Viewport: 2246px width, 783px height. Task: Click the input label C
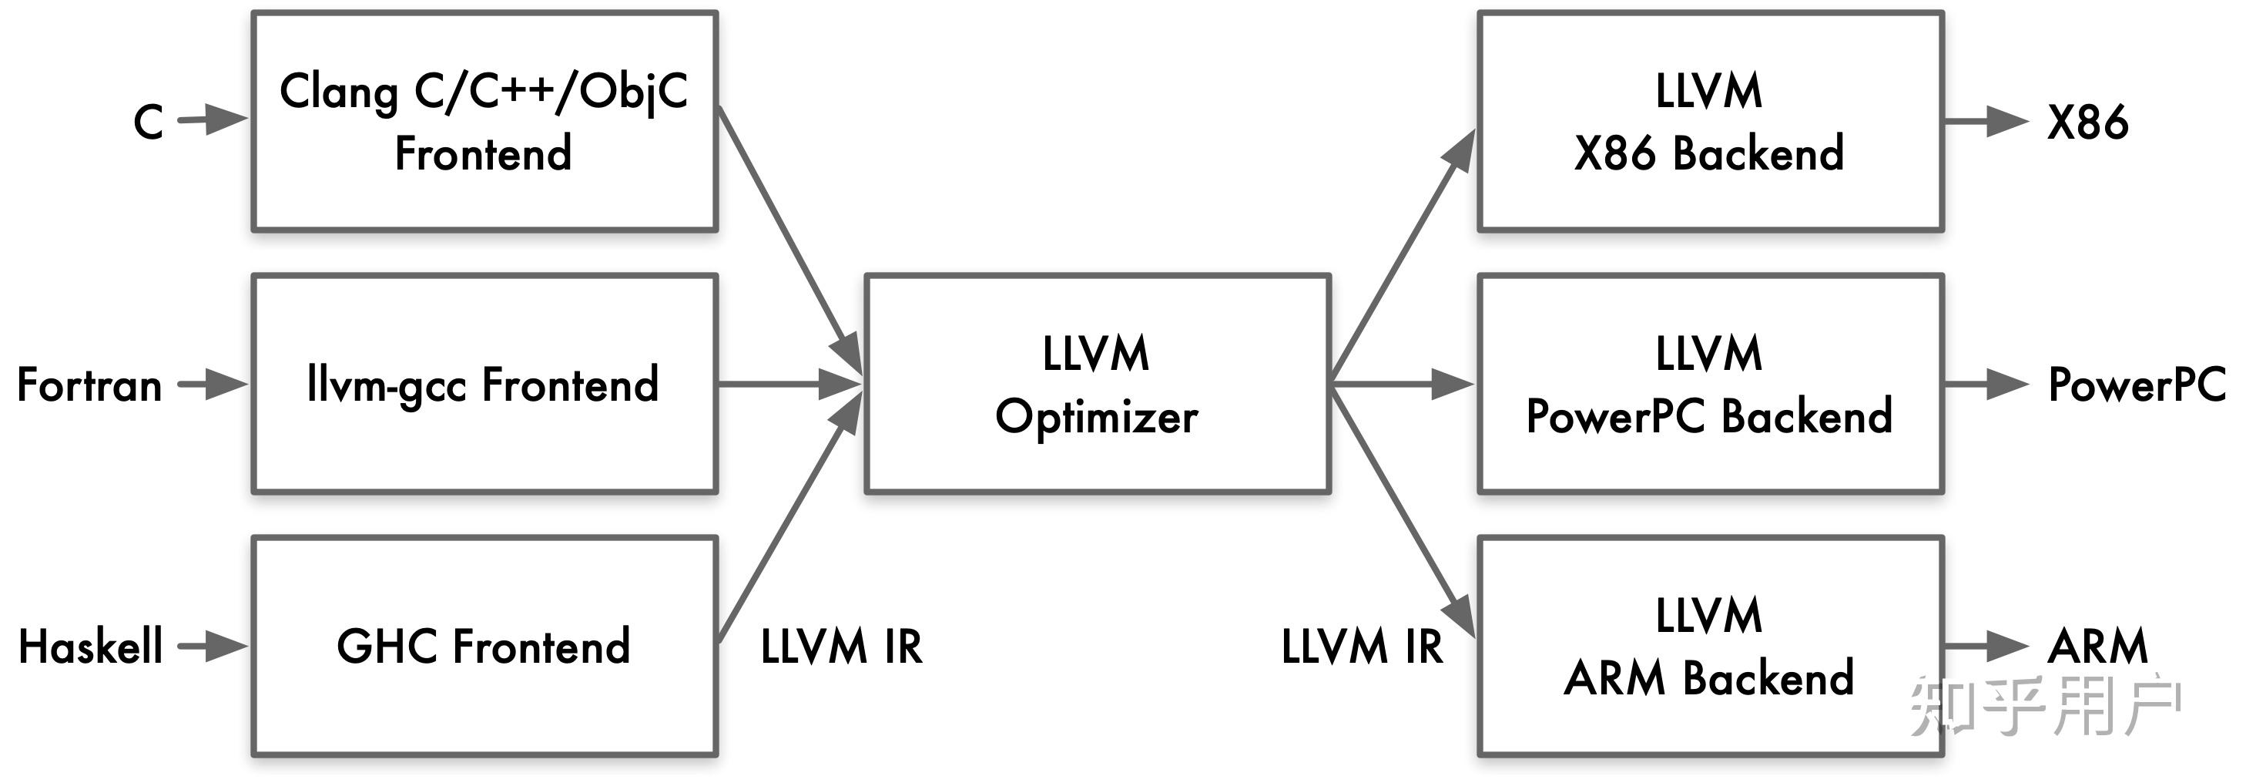click(x=148, y=121)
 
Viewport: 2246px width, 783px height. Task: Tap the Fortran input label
click(x=90, y=385)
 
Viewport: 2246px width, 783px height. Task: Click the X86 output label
click(x=2087, y=122)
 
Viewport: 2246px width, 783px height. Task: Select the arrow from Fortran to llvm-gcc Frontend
click(x=213, y=384)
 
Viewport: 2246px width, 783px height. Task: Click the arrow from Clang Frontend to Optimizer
click(x=790, y=240)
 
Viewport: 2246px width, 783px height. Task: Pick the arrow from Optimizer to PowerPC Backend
click(x=1402, y=384)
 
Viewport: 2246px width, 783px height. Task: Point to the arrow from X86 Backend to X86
click(x=1987, y=121)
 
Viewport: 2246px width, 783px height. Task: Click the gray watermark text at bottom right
click(x=2046, y=704)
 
